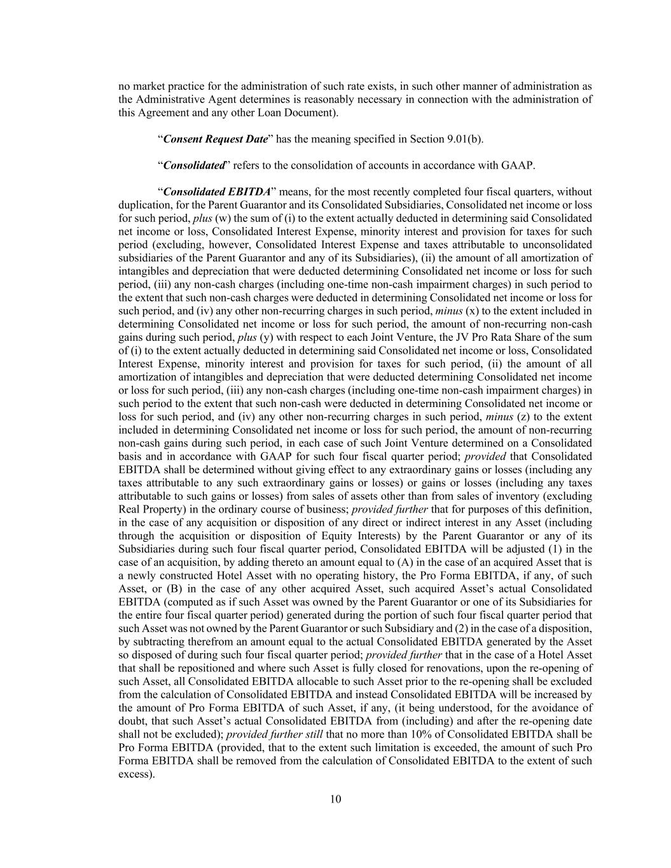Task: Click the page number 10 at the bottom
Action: tap(335, 799)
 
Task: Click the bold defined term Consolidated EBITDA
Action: tap(217, 191)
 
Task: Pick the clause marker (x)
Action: tap(472, 311)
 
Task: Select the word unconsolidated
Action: tap(553, 245)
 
